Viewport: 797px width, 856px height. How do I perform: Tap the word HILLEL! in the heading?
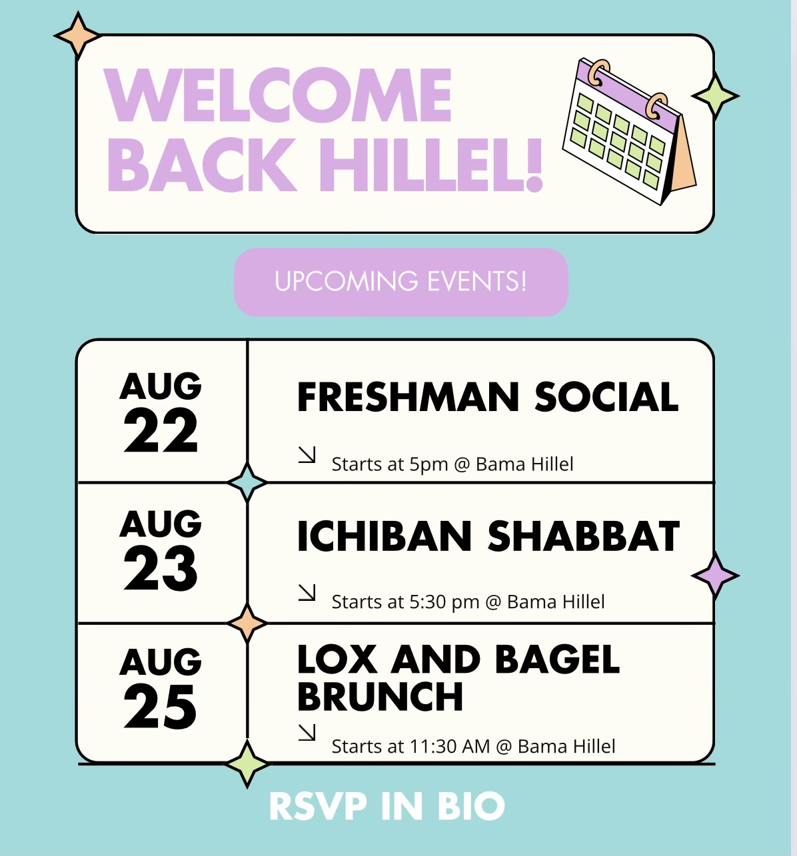[431, 165]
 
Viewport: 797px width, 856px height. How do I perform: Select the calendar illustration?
[629, 131]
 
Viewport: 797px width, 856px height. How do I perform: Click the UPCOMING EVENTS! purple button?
[401, 282]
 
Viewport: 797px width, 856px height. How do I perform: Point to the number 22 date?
[161, 431]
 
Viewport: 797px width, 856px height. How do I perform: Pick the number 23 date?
[161, 568]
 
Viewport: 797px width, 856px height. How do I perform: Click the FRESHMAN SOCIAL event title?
[488, 397]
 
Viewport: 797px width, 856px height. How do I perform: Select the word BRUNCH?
[380, 697]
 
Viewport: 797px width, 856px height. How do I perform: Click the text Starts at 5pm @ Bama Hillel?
[452, 464]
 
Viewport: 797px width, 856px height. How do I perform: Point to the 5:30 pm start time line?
[468, 602]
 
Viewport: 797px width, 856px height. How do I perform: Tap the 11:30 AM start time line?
[473, 746]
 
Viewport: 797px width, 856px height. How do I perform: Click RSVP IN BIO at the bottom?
[387, 806]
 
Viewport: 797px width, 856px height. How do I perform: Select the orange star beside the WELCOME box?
[78, 35]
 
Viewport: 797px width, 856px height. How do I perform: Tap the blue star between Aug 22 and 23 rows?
[247, 482]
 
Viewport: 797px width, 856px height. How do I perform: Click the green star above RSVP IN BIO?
[247, 764]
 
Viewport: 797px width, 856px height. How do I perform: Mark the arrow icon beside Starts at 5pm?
[307, 455]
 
